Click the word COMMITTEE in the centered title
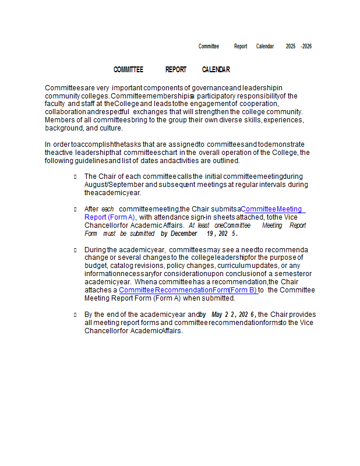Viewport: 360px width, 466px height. click(x=128, y=70)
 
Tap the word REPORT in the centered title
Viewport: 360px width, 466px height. click(x=176, y=70)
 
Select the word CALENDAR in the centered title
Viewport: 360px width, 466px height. click(x=216, y=70)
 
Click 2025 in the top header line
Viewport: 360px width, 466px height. click(x=291, y=47)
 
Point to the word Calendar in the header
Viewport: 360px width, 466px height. click(x=265, y=47)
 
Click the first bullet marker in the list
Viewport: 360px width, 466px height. click(x=75, y=176)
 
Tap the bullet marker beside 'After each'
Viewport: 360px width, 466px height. click(x=75, y=209)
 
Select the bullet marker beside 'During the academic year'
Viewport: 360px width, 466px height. click(x=75, y=250)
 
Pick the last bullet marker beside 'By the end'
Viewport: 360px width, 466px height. click(x=75, y=315)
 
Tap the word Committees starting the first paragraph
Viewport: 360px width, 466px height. click(x=63, y=88)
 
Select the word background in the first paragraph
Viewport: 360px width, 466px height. click(x=63, y=128)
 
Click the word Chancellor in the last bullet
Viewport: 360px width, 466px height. click(x=102, y=331)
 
